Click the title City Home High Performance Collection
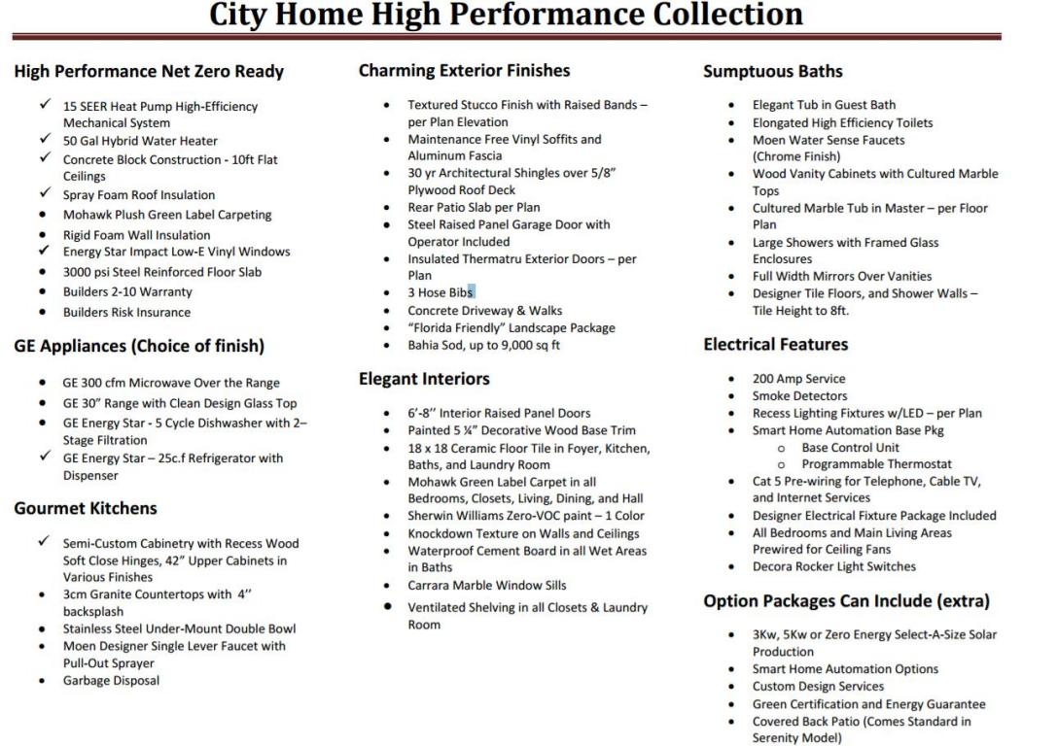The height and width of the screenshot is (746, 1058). point(507,15)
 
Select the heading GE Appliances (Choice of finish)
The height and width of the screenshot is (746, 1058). point(138,345)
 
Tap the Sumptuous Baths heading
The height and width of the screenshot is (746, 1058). point(773,71)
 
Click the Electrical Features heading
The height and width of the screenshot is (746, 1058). point(776,345)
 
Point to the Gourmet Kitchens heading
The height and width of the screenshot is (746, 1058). point(86,508)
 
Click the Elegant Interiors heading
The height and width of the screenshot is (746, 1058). point(424,378)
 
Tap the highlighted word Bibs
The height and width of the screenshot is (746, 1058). point(461,292)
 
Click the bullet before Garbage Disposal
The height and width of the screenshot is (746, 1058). point(42,681)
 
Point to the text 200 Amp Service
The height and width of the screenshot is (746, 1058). point(798,379)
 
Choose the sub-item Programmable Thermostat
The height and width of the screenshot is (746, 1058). point(876,464)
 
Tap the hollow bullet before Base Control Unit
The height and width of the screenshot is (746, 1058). point(782,448)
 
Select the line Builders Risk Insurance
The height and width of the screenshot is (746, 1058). point(126,313)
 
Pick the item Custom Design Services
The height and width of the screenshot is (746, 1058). point(818,687)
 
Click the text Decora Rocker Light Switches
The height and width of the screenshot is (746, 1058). point(833,566)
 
